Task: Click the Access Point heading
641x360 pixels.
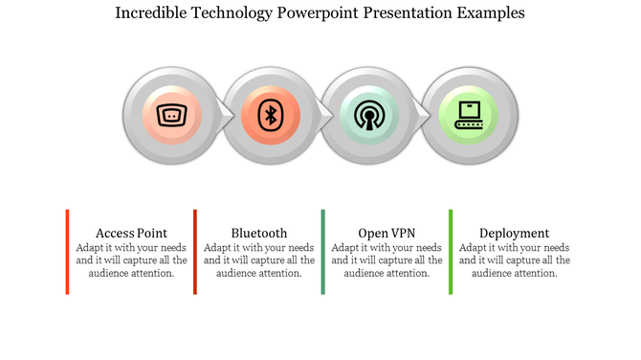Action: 132,233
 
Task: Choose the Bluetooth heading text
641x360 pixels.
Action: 259,233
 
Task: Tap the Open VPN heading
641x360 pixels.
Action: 387,233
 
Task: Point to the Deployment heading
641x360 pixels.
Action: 514,233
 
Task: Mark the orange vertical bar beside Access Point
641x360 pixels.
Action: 67,252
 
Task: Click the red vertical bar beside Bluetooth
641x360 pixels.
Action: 194,252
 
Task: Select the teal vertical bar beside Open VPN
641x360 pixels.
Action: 322,252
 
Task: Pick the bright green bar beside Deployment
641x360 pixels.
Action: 450,252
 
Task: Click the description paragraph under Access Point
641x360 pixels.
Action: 132,259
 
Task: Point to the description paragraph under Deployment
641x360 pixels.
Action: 514,259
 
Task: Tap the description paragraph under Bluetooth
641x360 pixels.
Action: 259,259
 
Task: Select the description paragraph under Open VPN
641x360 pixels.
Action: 387,259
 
